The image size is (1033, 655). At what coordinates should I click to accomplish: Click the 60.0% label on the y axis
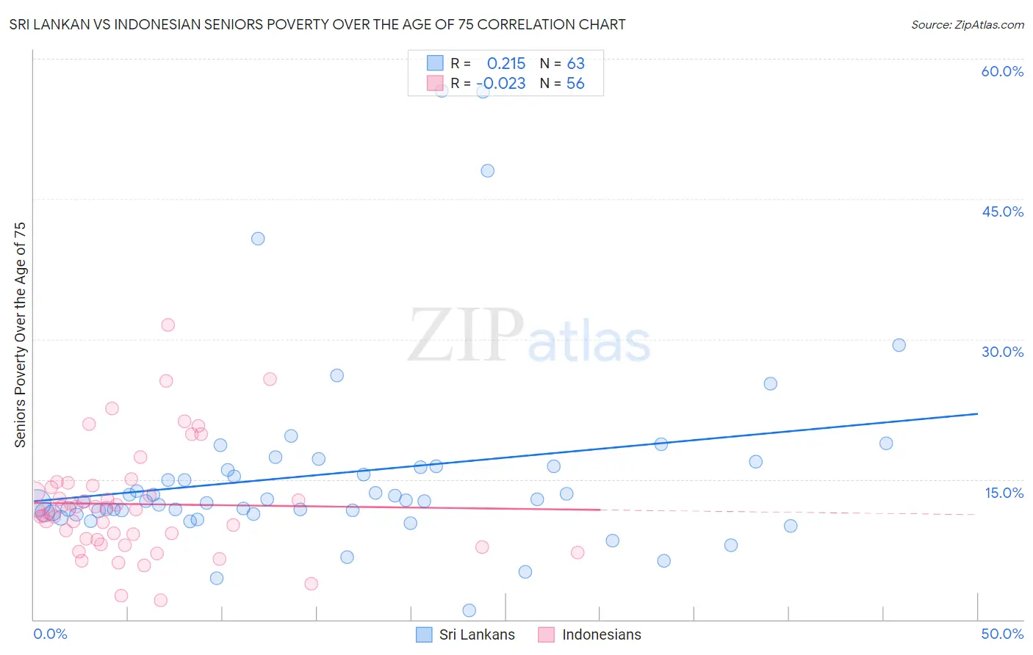1002,71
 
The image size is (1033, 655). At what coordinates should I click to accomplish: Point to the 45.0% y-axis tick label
1002,211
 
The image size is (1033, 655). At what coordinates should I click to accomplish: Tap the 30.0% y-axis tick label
1002,352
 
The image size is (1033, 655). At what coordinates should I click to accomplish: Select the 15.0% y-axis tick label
1004,493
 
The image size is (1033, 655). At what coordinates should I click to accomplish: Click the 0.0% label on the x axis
50,634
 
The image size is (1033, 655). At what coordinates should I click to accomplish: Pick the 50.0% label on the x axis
1002,634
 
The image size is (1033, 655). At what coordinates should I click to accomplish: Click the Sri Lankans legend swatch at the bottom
424,634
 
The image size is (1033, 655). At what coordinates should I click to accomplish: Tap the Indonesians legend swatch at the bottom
546,634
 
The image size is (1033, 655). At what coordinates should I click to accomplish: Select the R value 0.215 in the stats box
506,64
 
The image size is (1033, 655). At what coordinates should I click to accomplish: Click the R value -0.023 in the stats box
501,84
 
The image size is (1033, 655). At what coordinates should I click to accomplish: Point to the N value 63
576,64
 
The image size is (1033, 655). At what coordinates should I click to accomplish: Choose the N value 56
575,84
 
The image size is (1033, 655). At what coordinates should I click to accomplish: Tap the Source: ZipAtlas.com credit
967,25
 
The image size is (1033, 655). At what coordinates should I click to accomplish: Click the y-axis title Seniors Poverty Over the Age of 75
21,335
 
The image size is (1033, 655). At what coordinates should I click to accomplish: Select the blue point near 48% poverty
487,171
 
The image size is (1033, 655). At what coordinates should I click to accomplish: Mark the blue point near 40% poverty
258,239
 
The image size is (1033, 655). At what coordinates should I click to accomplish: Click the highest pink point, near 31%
168,325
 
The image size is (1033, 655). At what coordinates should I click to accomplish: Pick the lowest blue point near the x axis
469,610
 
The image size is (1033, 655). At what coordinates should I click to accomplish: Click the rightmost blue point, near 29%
899,345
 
